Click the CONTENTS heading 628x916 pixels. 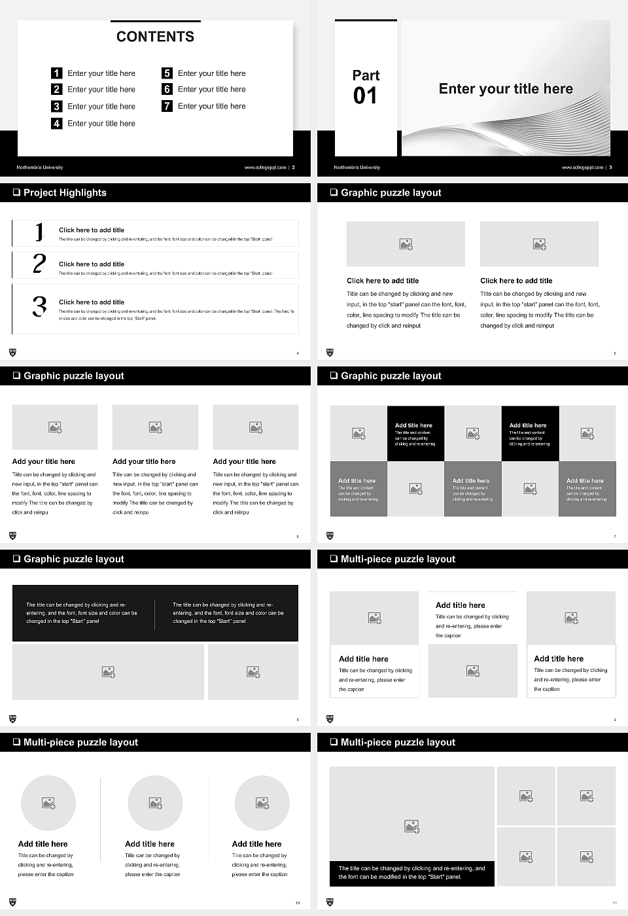tap(155, 37)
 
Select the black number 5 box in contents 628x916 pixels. tap(167, 73)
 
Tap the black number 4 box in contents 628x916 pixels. tap(57, 123)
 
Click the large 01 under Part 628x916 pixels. tap(365, 96)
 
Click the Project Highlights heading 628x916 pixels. tap(64, 192)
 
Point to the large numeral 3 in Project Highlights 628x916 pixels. tap(39, 306)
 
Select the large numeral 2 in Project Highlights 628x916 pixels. tap(39, 264)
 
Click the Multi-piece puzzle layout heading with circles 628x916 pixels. tap(80, 742)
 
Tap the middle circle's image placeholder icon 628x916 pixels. tap(155, 803)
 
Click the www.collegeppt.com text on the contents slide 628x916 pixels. tap(265, 167)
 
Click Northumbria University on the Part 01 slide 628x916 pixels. tap(357, 167)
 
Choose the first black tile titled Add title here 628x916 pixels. tap(415, 434)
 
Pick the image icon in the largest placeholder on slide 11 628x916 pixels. tap(411, 826)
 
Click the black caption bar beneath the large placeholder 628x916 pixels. tap(411, 873)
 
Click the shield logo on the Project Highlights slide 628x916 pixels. tap(12, 353)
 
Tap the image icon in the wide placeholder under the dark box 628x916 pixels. tap(109, 672)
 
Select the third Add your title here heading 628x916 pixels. tap(244, 461)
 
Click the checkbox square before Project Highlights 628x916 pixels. tap(16, 192)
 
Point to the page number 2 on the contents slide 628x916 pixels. tap(293, 167)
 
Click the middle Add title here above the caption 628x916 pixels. tap(461, 605)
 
